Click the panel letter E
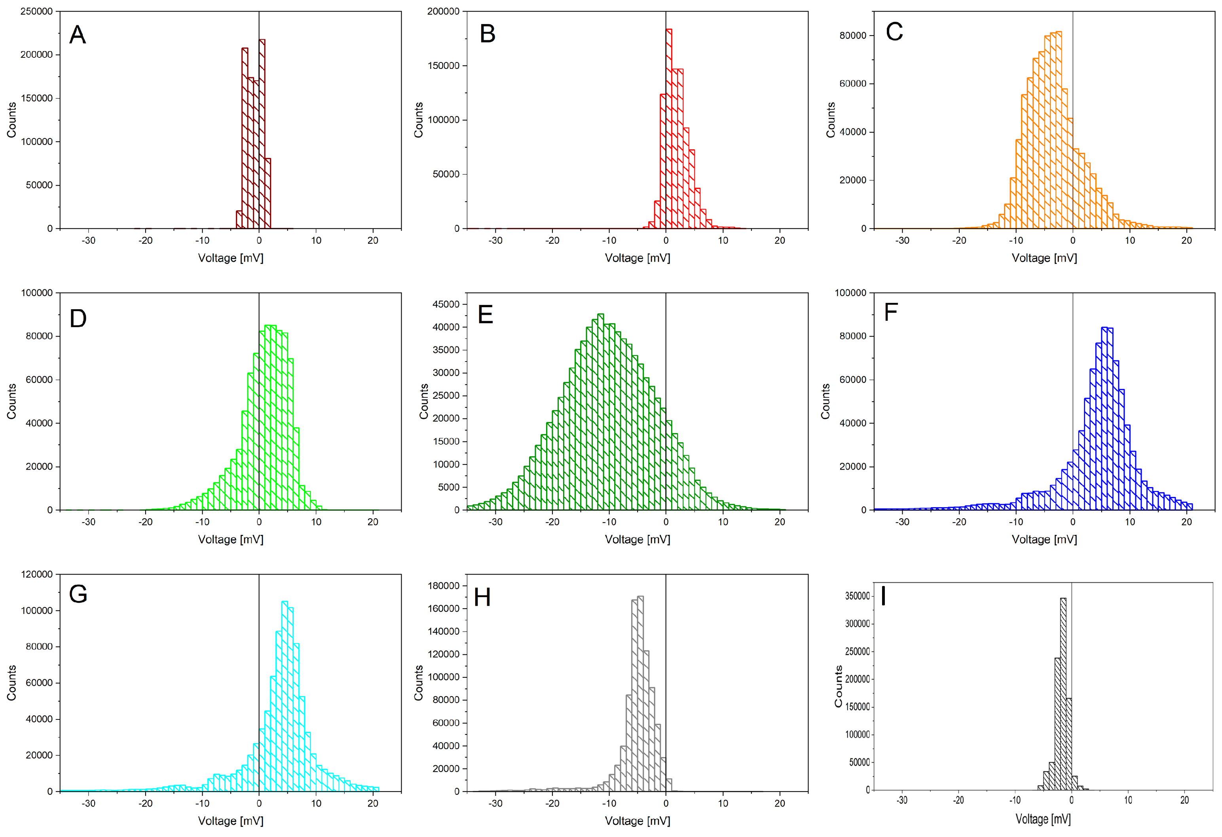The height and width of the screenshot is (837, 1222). click(485, 315)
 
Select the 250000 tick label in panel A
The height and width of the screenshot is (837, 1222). click(36, 11)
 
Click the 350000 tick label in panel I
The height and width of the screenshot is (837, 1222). click(857, 596)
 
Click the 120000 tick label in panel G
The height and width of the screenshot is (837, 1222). click(36, 574)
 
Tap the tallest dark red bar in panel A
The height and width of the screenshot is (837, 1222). click(262, 131)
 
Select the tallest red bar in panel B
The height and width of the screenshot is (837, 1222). click(669, 126)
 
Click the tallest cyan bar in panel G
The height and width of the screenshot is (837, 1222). click(285, 694)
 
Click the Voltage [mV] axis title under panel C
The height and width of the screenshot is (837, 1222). click(1044, 258)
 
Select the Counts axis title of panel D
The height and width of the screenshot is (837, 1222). click(11, 401)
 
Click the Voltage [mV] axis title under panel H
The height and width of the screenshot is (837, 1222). click(637, 821)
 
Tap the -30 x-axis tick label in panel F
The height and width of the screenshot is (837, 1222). click(902, 522)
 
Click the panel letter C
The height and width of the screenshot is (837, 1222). click(894, 32)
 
